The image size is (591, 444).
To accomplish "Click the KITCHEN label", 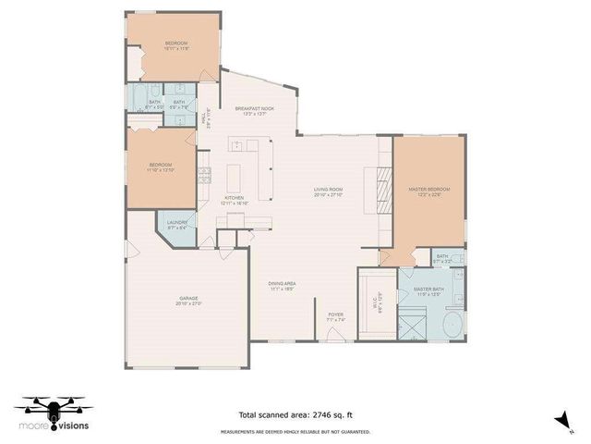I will [235, 200].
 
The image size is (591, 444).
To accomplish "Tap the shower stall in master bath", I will [411, 325].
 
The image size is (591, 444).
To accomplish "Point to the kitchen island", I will [233, 177].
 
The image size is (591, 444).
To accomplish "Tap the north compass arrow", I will [560, 420].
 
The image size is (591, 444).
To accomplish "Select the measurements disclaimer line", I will [295, 431].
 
